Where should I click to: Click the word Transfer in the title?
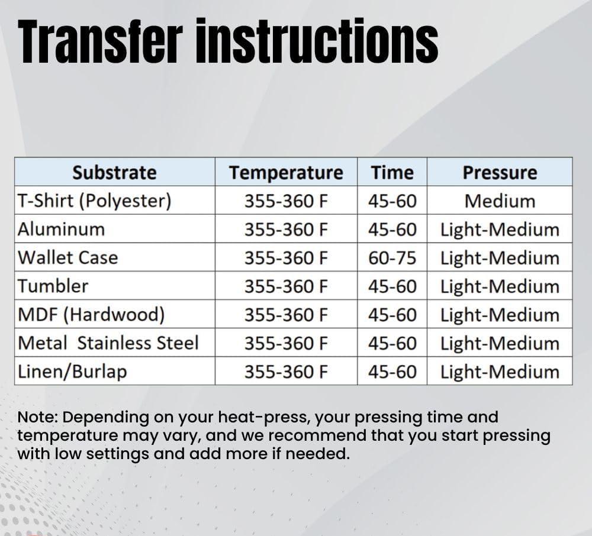[x=101, y=41]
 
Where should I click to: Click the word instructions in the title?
[x=317, y=41]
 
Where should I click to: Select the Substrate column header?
[x=114, y=173]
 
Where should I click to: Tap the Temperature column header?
[x=286, y=173]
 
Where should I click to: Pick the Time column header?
[x=392, y=173]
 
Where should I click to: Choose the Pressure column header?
[x=500, y=173]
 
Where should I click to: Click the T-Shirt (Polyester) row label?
[x=94, y=201]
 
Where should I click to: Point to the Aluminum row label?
[x=61, y=230]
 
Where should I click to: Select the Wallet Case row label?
[x=68, y=258]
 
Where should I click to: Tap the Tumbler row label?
[x=53, y=286]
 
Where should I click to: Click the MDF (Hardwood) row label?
[x=91, y=315]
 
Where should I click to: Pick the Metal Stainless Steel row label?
[x=108, y=343]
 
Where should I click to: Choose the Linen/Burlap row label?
[x=72, y=372]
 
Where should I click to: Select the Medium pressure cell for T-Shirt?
[x=500, y=201]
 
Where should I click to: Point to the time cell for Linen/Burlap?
[x=392, y=372]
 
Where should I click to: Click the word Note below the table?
[x=37, y=417]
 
